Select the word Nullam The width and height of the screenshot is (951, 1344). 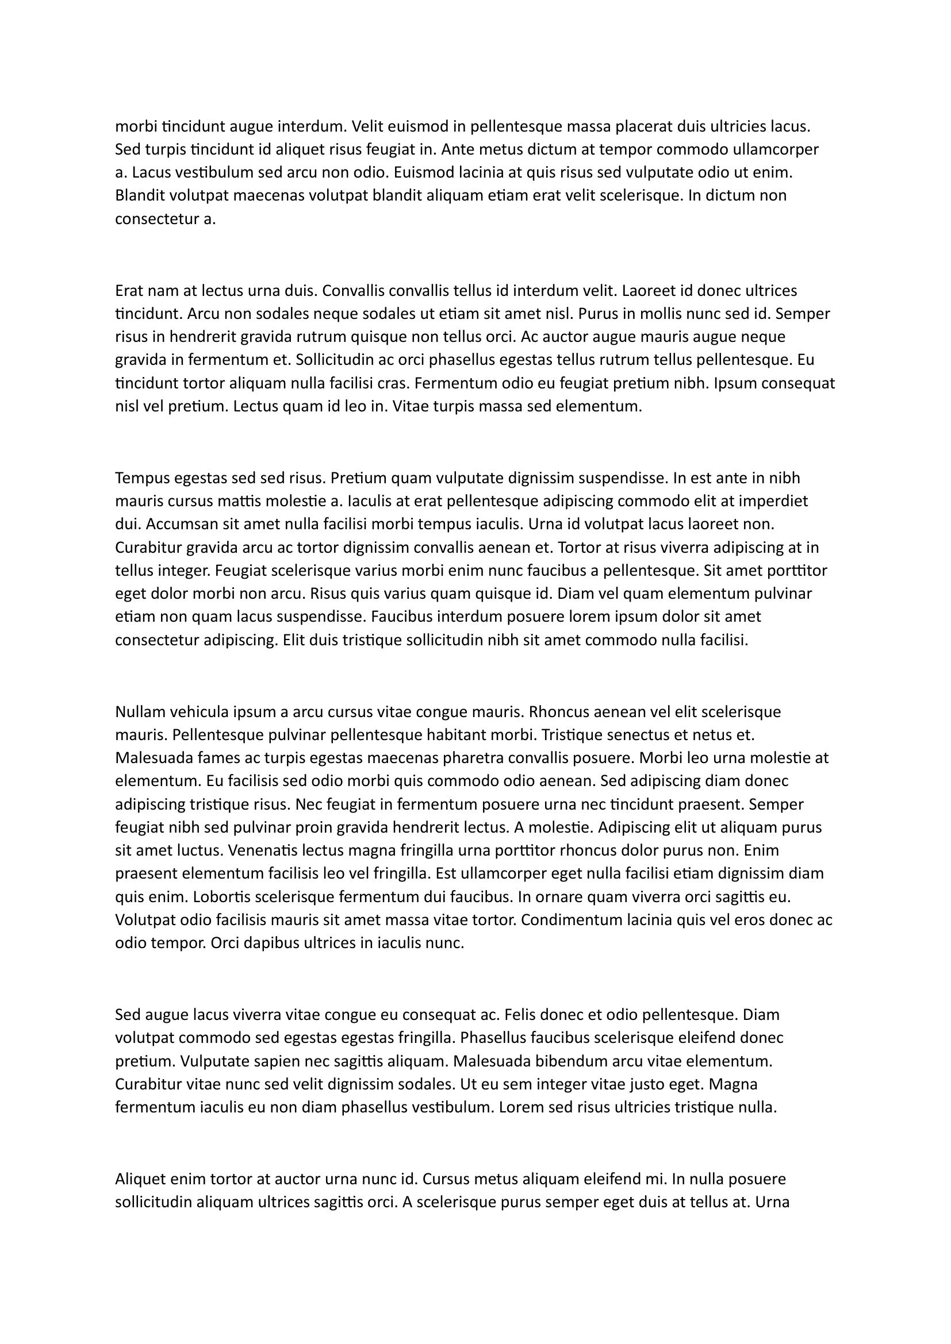[140, 713]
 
